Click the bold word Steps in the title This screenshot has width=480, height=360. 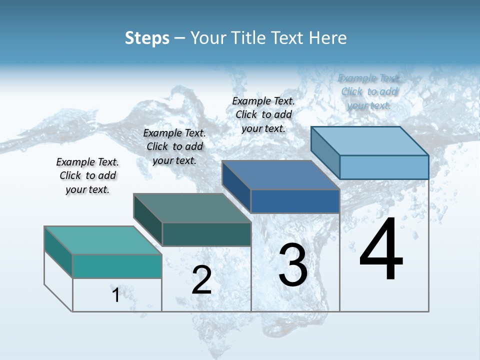pyautogui.click(x=147, y=38)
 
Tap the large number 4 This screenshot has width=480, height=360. pyautogui.click(x=381, y=249)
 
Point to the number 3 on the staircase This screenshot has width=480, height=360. pyautogui.click(x=292, y=265)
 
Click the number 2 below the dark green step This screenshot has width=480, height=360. pyautogui.click(x=201, y=280)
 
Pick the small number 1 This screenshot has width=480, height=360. pyautogui.click(x=115, y=295)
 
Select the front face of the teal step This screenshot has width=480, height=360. pyautogui.click(x=117, y=266)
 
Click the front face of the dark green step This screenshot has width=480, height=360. pyautogui.click(x=206, y=234)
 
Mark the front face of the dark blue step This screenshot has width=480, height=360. pyautogui.click(x=295, y=201)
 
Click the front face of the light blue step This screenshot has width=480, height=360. pyautogui.click(x=384, y=167)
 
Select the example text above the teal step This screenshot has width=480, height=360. pyautogui.click(x=87, y=175)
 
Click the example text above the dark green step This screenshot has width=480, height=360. pyautogui.click(x=174, y=146)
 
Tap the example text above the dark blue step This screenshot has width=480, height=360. pyautogui.click(x=263, y=114)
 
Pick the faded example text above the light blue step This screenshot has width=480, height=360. pyautogui.click(x=369, y=91)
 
